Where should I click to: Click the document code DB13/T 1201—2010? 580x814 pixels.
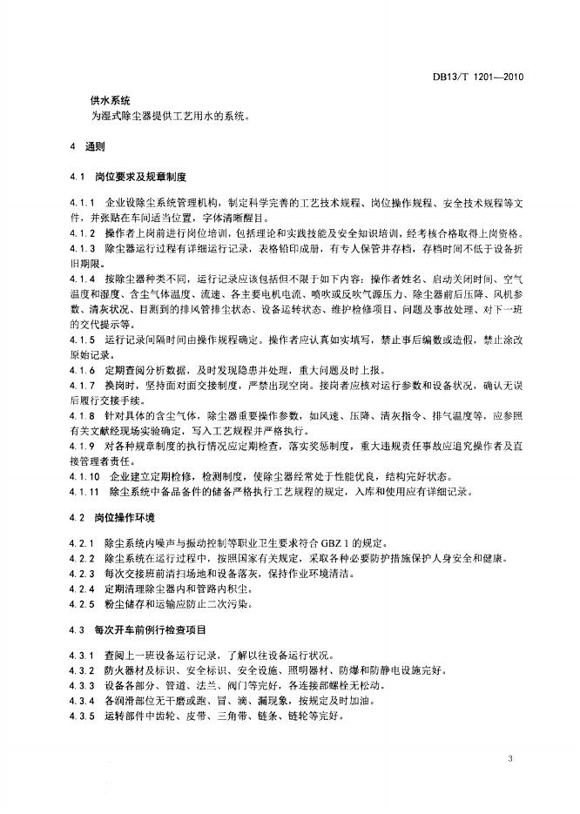tap(478, 77)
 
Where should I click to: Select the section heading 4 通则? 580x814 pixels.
tap(88, 145)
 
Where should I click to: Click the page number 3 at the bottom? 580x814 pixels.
tap(509, 760)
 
